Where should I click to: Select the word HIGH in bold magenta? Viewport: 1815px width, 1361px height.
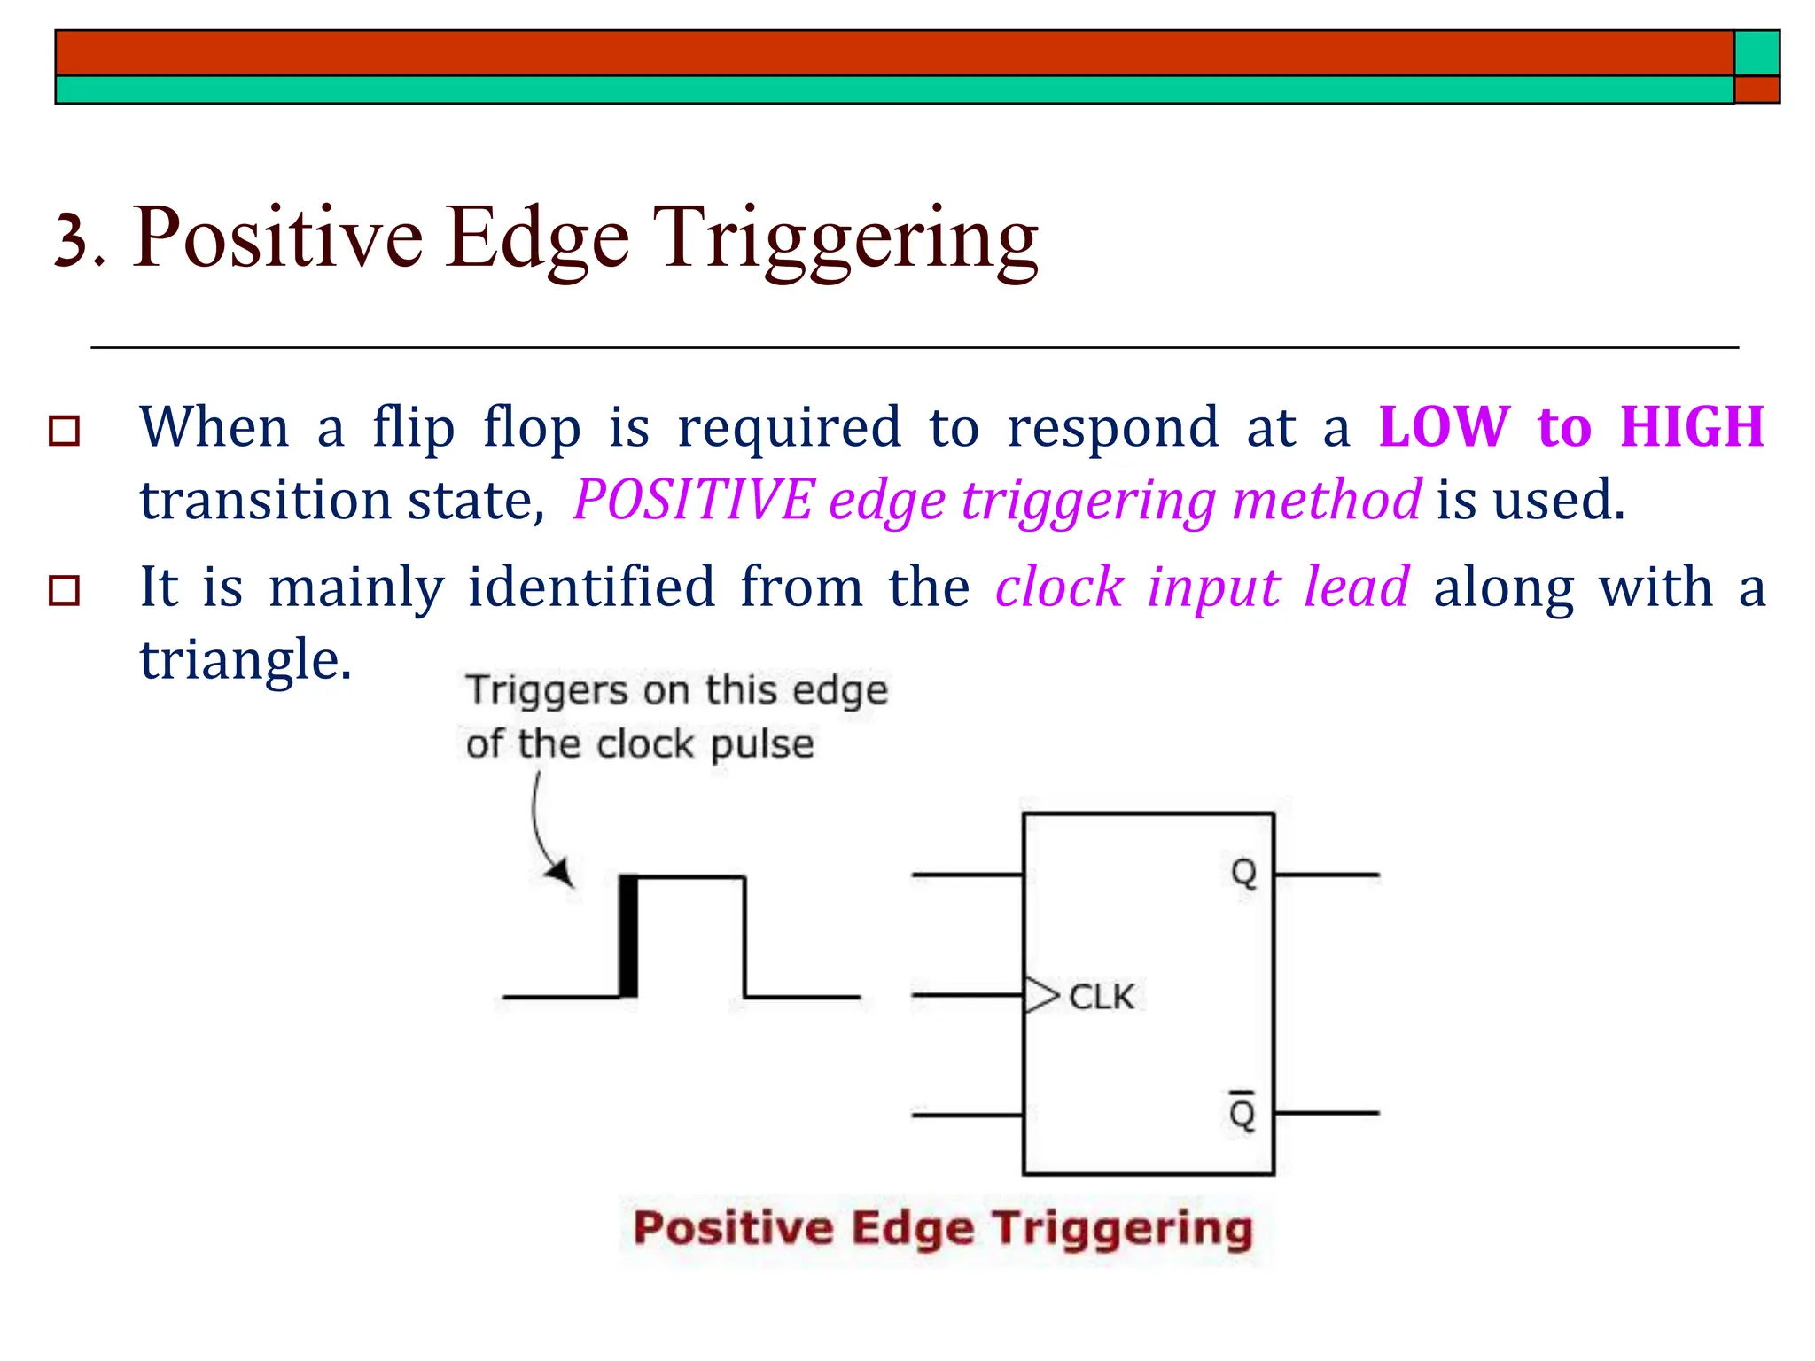tap(1692, 427)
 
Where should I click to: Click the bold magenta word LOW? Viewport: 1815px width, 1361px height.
tap(1444, 427)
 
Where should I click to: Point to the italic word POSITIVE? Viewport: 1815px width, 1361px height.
tap(694, 500)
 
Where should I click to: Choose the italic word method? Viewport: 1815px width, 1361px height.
tap(1327, 500)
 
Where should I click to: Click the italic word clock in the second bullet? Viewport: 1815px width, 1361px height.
tap(1059, 587)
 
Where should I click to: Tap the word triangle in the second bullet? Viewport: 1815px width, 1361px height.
tap(245, 660)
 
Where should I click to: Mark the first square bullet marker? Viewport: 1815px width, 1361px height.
tap(65, 431)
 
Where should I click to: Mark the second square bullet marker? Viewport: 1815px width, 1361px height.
tap(65, 590)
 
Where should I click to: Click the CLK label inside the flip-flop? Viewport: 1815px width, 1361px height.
tap(1101, 997)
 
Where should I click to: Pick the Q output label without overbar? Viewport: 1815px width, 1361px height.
tap(1243, 874)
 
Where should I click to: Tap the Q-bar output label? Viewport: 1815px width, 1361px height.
tap(1242, 1111)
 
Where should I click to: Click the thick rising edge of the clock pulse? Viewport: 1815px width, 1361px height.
tap(628, 936)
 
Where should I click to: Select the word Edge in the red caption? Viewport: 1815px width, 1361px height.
tap(913, 1228)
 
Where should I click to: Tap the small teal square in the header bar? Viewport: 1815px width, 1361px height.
tap(1757, 53)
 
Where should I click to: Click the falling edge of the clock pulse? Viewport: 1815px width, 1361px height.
tap(744, 937)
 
